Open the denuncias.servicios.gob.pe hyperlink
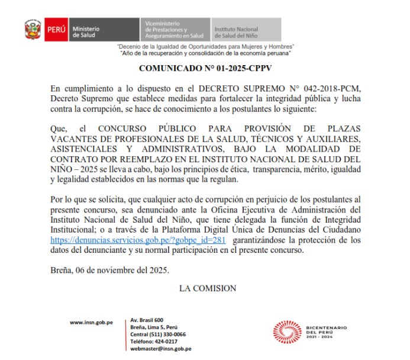click(138, 240)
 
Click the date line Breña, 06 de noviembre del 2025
click(109, 271)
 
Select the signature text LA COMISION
click(207, 288)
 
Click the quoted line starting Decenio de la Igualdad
click(205, 46)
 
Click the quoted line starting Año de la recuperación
click(206, 53)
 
